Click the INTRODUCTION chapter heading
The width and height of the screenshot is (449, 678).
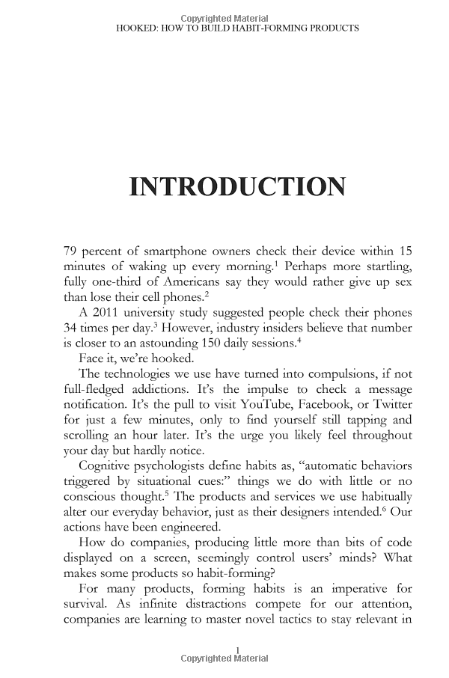pyautogui.click(x=237, y=186)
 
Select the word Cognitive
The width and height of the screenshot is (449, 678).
pyautogui.click(x=107, y=466)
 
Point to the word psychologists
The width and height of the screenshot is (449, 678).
pyautogui.click(x=183, y=466)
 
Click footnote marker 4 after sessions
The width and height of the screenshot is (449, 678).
pyautogui.click(x=302, y=340)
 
